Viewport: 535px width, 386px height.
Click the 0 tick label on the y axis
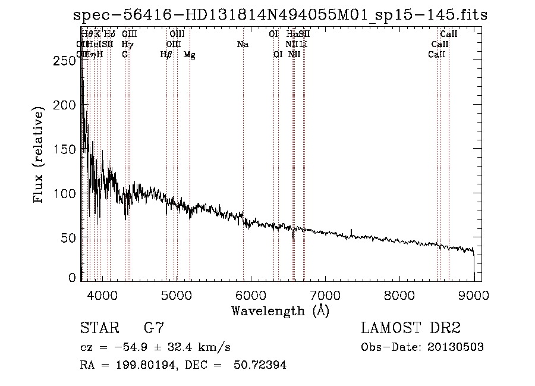coord(73,277)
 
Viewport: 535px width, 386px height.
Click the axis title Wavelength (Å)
coord(280,310)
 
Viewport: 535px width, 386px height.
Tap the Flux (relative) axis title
coord(40,156)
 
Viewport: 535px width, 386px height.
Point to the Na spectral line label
coord(243,45)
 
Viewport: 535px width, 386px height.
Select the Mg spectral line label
coord(190,55)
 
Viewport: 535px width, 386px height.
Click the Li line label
coord(303,45)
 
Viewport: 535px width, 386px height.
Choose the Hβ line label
coord(166,55)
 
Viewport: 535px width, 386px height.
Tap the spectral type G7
coord(154,328)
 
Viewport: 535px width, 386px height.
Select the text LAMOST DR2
coord(410,328)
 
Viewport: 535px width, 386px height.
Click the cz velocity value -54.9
coord(121,347)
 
